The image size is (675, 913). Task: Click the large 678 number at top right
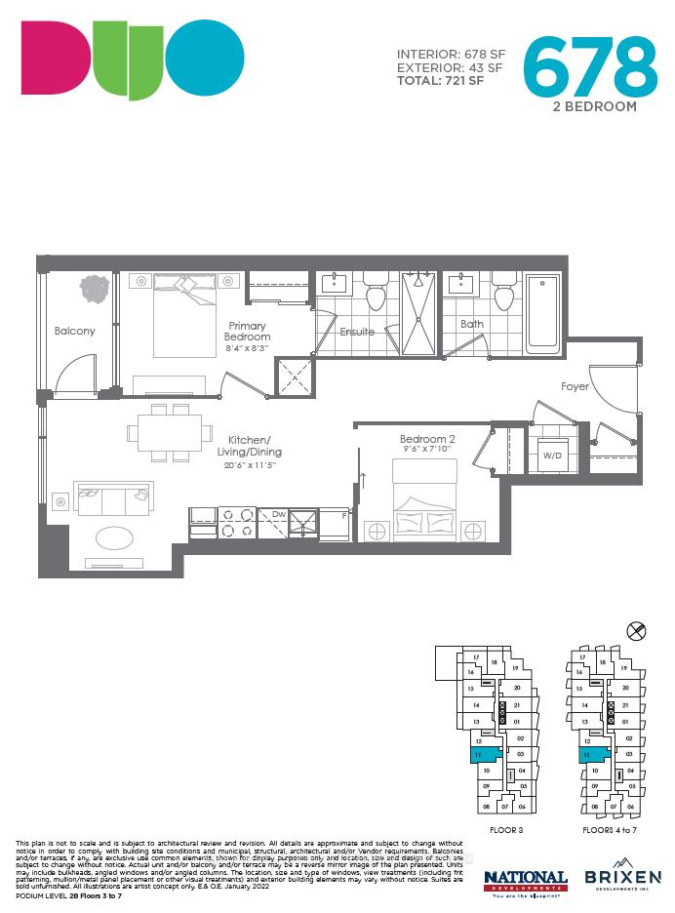click(591, 65)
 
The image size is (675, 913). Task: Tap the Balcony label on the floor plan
click(75, 331)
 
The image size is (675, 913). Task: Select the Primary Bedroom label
click(248, 332)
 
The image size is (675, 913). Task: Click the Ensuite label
click(357, 332)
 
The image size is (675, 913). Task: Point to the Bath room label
click(472, 325)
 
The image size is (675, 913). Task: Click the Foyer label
click(575, 387)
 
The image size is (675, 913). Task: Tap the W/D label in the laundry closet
click(553, 455)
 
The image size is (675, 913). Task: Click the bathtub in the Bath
click(542, 314)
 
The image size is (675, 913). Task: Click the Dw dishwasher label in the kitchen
click(279, 513)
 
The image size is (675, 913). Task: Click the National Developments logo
click(526, 880)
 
